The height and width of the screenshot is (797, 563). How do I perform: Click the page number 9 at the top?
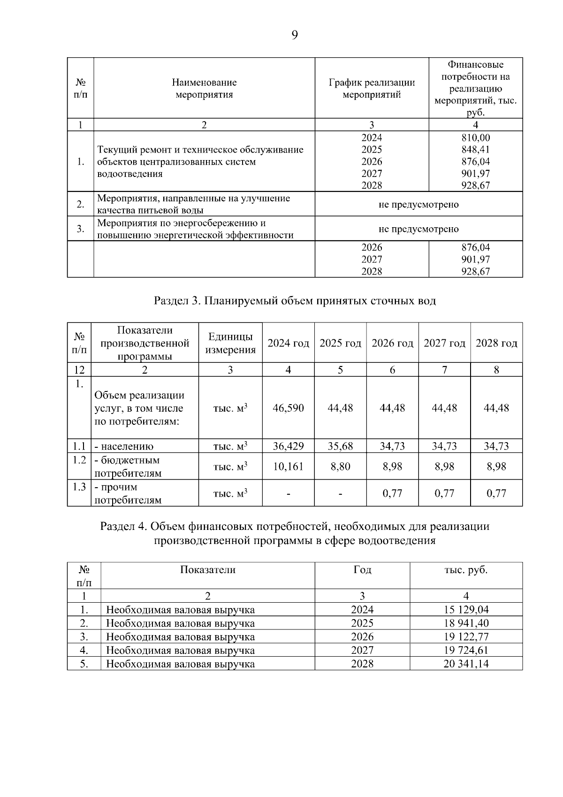coord(294,35)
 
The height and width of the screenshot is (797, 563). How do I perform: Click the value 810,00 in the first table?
coord(476,138)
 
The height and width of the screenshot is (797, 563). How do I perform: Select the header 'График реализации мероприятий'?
coord(372,89)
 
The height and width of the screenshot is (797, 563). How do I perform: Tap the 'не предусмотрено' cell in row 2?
coord(418,205)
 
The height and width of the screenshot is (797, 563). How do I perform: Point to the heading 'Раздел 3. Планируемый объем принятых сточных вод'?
coord(295,301)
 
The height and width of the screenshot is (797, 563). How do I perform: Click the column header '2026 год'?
coord(392,343)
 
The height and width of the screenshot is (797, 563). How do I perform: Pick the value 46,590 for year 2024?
coord(288,408)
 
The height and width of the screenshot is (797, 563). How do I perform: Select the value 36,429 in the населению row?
coord(288,446)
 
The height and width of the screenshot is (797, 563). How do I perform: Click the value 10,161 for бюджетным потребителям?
coord(288,467)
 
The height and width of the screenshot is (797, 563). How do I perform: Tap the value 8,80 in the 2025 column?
coord(340,467)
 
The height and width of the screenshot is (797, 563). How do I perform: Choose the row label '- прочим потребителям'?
coord(128,493)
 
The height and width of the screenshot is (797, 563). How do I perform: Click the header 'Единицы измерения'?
coord(230,343)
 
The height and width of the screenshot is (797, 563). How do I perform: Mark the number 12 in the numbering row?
coord(79,370)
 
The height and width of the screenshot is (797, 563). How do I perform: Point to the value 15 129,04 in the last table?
coord(466,610)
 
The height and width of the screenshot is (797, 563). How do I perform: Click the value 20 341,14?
coord(466,664)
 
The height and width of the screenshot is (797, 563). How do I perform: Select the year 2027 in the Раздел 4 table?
coord(362,650)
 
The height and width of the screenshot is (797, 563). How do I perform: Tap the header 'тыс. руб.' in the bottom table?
coord(466,570)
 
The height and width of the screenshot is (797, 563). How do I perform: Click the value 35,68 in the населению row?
coord(340,446)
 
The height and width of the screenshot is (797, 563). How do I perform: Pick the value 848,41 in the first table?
coord(476,150)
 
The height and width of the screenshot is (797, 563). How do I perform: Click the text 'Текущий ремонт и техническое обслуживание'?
coord(200,150)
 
